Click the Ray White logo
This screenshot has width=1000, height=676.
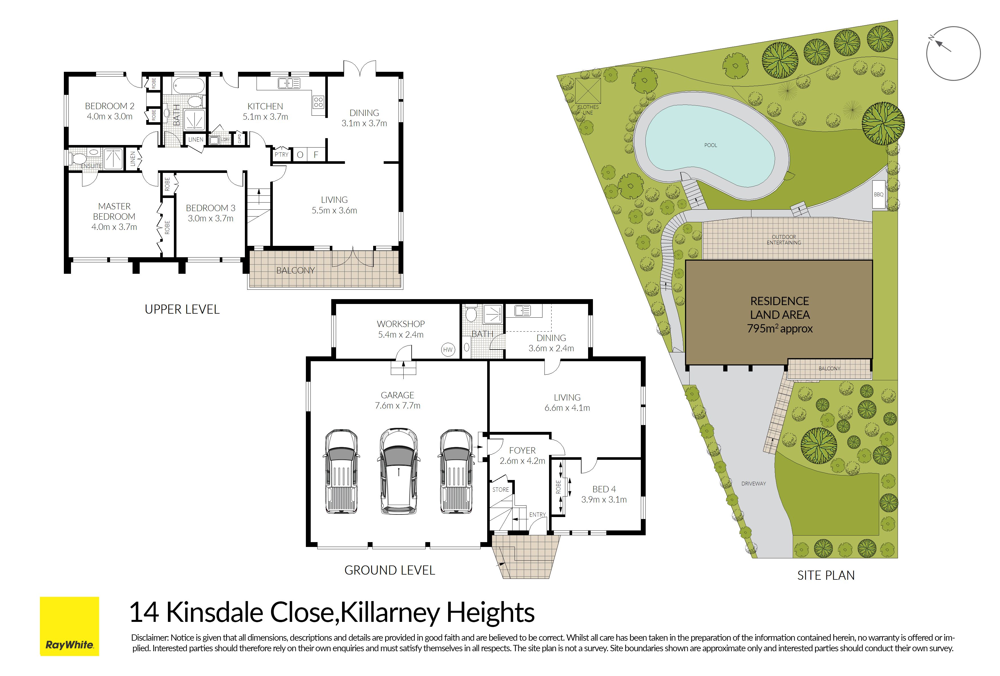tap(69, 626)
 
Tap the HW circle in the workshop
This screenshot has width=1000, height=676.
tap(448, 350)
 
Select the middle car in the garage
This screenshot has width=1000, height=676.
tap(399, 471)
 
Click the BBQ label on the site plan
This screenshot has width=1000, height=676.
tap(878, 194)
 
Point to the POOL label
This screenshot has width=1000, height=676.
tap(710, 145)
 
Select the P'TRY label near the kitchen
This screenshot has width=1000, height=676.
tap(282, 154)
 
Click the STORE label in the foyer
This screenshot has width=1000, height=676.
tap(501, 489)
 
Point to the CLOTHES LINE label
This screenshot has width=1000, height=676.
tap(588, 110)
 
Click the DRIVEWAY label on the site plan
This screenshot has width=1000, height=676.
tap(753, 483)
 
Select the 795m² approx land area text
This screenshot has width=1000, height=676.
tap(779, 328)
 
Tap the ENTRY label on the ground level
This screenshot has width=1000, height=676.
tap(537, 514)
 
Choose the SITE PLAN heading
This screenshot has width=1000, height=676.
tap(826, 575)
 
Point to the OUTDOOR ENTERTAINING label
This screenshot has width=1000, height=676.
tap(784, 240)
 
